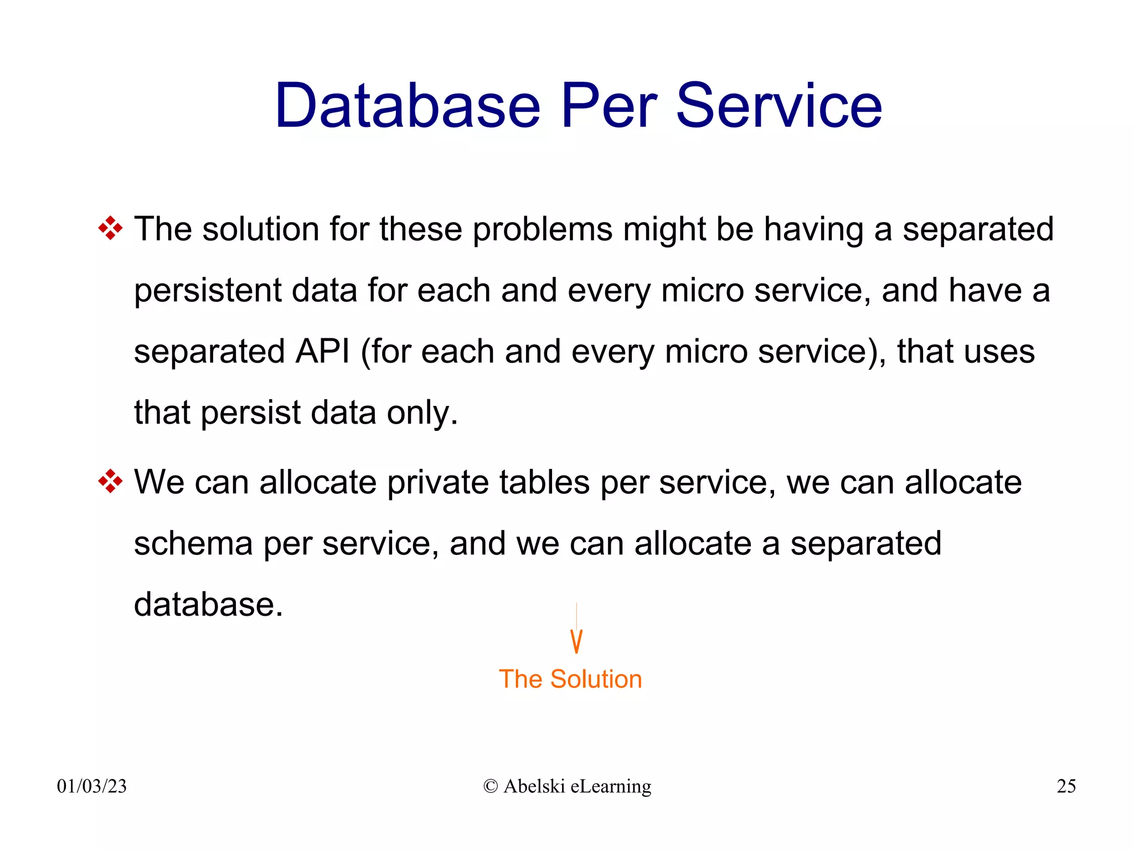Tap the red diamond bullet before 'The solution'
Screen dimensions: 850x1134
click(110, 228)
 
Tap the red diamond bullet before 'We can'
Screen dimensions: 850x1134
click(110, 481)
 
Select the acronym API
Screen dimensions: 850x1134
click(322, 351)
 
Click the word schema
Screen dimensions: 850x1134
click(193, 543)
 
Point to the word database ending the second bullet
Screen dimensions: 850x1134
click(208, 604)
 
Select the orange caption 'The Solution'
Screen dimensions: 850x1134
click(570, 679)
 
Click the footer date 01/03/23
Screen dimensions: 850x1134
click(92, 786)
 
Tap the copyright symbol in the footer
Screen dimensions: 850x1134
click(490, 786)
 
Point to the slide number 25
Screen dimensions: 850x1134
click(1066, 786)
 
